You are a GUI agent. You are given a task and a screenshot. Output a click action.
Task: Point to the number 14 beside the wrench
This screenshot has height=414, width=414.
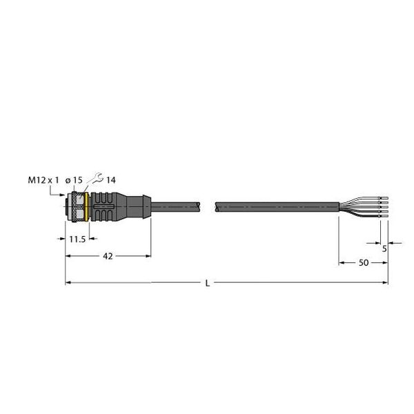[110, 180]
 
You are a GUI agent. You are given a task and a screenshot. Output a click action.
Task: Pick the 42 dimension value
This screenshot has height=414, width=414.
[107, 256]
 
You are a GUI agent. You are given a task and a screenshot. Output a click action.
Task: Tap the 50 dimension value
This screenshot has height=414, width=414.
[362, 263]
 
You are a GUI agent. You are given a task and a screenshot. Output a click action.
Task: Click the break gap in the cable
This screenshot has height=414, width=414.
[208, 206]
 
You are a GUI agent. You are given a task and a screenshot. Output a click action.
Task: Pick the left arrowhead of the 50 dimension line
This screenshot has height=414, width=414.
[341, 262]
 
